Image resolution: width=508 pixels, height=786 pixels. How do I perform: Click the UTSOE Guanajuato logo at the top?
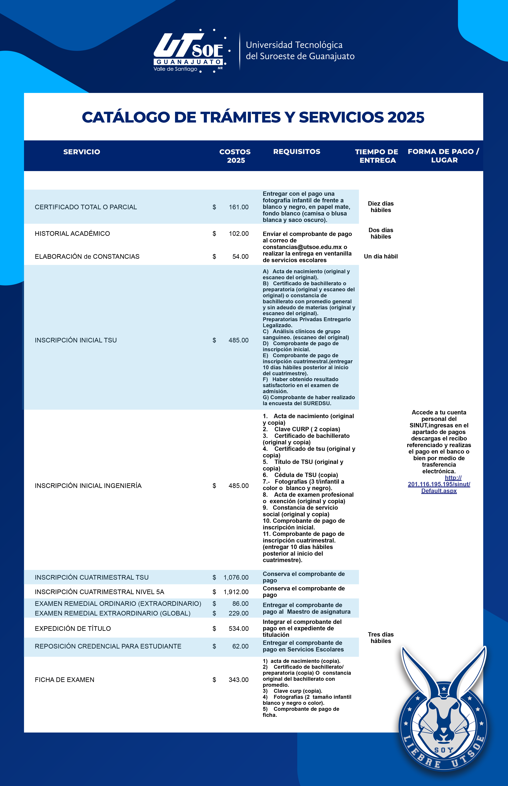(x=190, y=51)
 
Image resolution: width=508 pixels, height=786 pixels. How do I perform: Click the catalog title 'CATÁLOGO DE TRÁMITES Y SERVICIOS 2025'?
(x=253, y=117)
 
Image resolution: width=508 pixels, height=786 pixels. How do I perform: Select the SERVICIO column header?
(x=81, y=152)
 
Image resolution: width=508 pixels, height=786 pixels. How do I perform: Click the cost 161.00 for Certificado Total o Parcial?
(x=238, y=207)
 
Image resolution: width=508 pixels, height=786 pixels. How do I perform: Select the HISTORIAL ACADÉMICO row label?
(x=72, y=233)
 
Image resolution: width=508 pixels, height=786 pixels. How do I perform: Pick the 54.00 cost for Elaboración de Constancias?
(x=240, y=257)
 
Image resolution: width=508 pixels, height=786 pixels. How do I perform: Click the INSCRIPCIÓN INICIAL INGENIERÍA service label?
(x=88, y=485)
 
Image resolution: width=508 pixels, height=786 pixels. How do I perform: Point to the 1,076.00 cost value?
(x=236, y=577)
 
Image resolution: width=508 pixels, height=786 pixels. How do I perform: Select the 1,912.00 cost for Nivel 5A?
(x=236, y=592)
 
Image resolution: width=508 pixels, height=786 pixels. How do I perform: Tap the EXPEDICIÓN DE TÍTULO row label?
(x=73, y=628)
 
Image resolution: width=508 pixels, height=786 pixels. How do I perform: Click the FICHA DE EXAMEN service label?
(x=64, y=680)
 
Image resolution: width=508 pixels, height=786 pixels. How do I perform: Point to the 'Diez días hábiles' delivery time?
(x=381, y=207)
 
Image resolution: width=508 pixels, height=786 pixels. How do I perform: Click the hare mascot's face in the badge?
(x=444, y=717)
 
